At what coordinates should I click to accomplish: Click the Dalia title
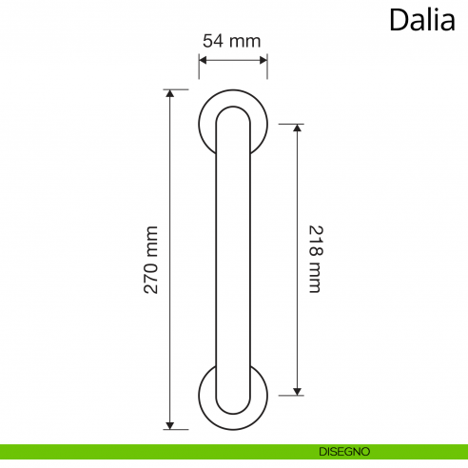(x=421, y=20)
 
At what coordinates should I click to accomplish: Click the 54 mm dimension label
(x=231, y=41)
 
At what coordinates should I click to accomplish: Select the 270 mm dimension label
(x=151, y=259)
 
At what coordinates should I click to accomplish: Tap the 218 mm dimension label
(x=315, y=259)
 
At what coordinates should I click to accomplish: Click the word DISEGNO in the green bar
(x=345, y=451)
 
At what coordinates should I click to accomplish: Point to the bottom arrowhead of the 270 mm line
(x=170, y=424)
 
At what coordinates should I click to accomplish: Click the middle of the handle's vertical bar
(x=233, y=259)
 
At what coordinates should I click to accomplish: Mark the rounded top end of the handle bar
(x=233, y=113)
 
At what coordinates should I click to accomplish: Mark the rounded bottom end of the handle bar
(x=233, y=405)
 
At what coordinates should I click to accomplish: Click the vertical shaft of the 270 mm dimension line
(x=170, y=190)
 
